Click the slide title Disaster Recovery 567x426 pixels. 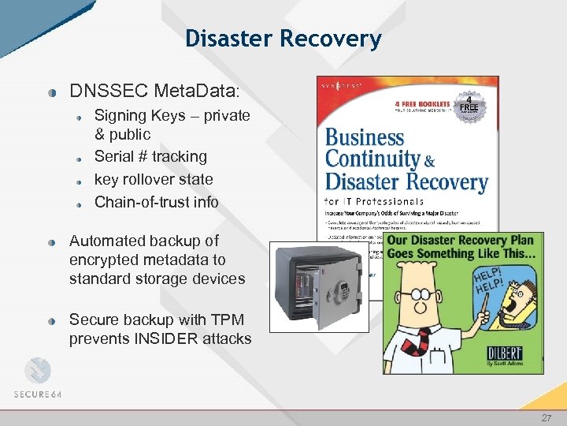point(283,38)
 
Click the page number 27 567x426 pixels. point(547,417)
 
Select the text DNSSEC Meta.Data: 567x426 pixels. point(154,90)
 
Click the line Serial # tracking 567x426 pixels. point(150,156)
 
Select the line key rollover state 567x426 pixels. point(154,179)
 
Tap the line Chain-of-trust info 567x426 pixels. point(156,202)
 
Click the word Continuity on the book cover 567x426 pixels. point(372,159)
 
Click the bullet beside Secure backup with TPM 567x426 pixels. point(50,321)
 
